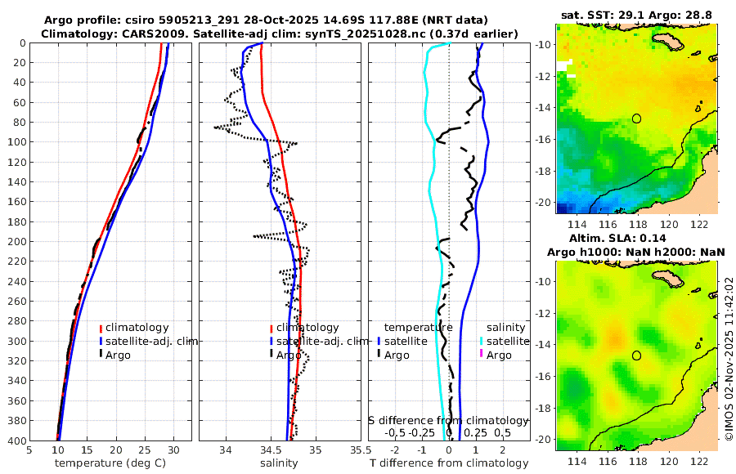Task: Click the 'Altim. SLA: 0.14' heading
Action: tap(636, 237)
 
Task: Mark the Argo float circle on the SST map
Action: tap(636, 118)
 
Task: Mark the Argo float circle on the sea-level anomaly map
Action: tap(636, 355)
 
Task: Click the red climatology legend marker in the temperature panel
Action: tap(101, 328)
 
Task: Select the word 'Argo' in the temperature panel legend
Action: tap(118, 355)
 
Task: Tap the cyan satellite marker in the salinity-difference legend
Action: tap(482, 341)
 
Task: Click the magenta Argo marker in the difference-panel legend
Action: tap(482, 355)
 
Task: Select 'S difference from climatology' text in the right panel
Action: tap(448, 419)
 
